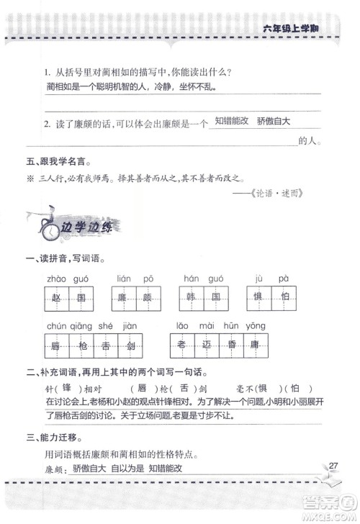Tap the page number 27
pyautogui.click(x=333, y=464)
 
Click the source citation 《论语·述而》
pyautogui.click(x=287, y=194)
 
